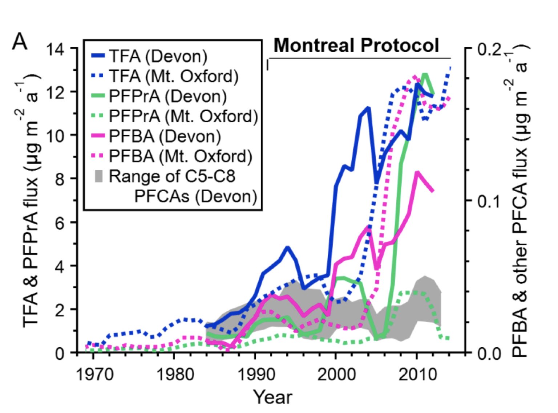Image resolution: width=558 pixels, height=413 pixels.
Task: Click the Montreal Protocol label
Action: [x=356, y=45]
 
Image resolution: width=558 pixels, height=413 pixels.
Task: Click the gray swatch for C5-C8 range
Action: [x=98, y=176]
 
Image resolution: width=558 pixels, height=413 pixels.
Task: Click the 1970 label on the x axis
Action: [x=93, y=374]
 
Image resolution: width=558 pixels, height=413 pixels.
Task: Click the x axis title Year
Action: [x=272, y=397]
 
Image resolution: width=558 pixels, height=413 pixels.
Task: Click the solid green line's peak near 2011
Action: [x=424, y=74]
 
